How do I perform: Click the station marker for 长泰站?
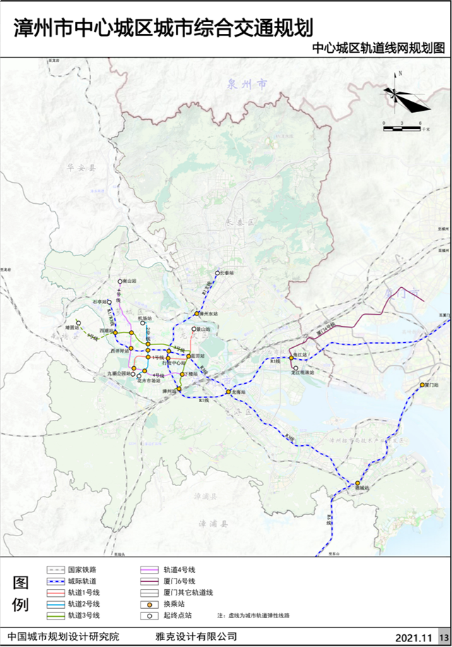click(218, 273)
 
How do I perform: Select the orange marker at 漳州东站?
click(197, 314)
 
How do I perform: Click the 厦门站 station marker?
click(422, 385)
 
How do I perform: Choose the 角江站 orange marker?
click(291, 358)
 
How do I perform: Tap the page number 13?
click(443, 637)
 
